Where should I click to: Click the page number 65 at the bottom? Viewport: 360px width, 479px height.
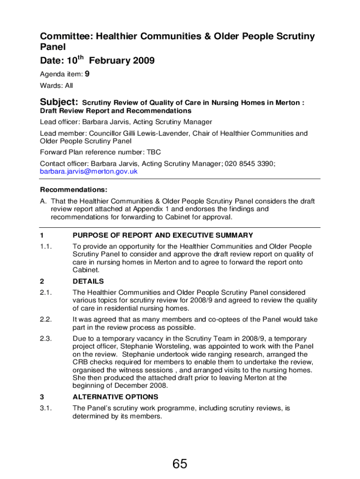(180, 464)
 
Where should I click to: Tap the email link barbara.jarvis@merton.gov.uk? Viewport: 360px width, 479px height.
(89, 171)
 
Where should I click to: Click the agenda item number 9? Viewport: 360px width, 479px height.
(87, 74)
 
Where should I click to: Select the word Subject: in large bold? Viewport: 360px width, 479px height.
(59, 102)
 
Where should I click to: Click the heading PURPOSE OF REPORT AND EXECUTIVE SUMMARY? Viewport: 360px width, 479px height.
(163, 235)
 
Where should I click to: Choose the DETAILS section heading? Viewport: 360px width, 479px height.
(88, 282)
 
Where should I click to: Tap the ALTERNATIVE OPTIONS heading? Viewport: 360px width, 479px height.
(115, 397)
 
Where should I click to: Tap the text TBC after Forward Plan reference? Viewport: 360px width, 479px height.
(154, 152)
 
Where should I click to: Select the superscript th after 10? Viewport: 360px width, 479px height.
(80, 58)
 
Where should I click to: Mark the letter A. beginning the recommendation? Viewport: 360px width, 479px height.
(43, 202)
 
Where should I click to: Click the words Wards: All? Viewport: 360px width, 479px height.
(57, 86)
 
